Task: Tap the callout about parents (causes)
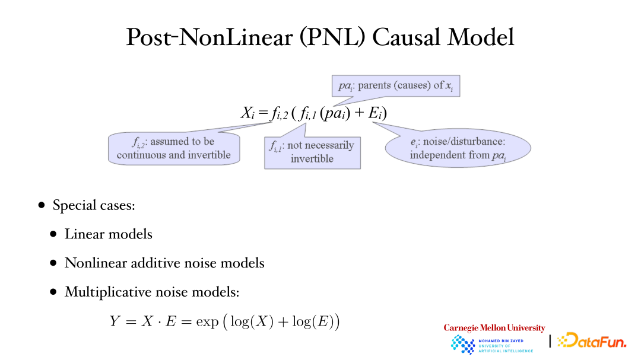[x=396, y=86]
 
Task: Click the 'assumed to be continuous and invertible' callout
[x=174, y=148]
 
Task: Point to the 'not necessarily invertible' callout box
[x=312, y=152]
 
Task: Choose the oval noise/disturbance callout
[x=458, y=148]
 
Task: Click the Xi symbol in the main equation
[x=247, y=113]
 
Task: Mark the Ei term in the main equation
[x=375, y=113]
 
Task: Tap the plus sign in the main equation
[x=359, y=113]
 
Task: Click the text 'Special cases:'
[x=94, y=205]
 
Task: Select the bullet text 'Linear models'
[x=109, y=234]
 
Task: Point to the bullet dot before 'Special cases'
[x=42, y=205]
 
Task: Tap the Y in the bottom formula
[x=115, y=321]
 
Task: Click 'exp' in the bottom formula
[x=207, y=322]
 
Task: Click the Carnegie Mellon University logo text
[x=494, y=328]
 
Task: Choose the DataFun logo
[x=592, y=340]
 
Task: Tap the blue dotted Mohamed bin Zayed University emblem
[x=462, y=345]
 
